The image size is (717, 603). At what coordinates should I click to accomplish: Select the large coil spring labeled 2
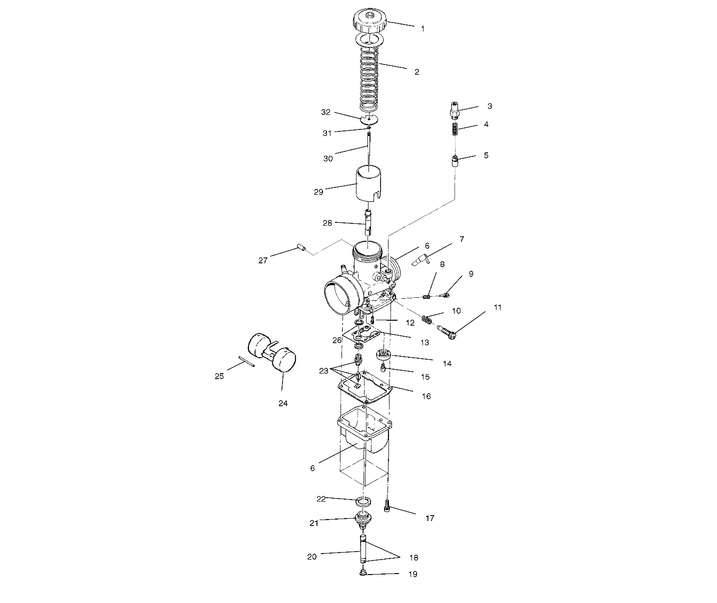coord(369,80)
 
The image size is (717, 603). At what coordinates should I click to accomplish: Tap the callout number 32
coord(325,112)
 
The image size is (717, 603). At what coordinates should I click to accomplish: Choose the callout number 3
coord(489,106)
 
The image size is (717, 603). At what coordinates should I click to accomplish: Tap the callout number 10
coord(456,311)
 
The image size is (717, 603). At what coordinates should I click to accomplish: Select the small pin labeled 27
coord(301,248)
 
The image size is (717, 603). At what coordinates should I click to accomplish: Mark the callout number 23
coord(324,371)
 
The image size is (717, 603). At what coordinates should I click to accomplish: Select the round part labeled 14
coord(383,355)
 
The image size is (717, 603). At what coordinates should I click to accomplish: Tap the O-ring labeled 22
coord(364,501)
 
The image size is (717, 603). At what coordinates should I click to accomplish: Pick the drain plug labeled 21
coord(363,521)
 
